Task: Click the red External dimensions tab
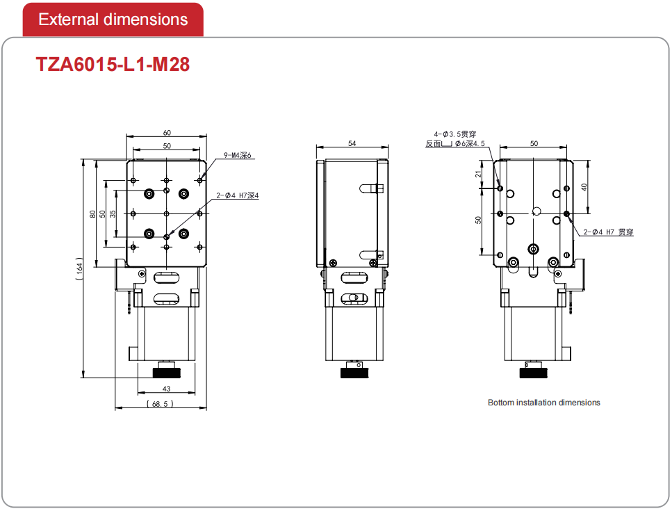click(113, 19)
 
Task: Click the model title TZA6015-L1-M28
click(113, 65)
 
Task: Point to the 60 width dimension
click(167, 133)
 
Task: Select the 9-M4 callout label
click(238, 155)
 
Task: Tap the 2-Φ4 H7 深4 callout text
click(238, 195)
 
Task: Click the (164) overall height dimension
click(79, 269)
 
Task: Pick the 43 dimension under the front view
click(166, 389)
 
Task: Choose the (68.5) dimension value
click(160, 404)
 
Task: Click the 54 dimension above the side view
click(352, 143)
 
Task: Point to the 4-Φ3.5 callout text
click(454, 134)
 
